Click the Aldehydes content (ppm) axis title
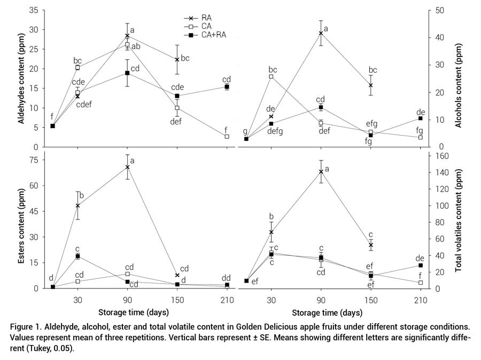pyautogui.click(x=21, y=78)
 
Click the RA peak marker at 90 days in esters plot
pyautogui.click(x=127, y=167)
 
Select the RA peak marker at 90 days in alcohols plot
pyautogui.click(x=321, y=33)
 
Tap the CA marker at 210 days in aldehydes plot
pyautogui.click(x=227, y=137)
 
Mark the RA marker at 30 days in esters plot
pyautogui.click(x=77, y=206)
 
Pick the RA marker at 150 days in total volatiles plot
pyautogui.click(x=370, y=245)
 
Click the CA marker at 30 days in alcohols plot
pyautogui.click(x=271, y=76)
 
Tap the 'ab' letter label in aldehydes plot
pyautogui.click(x=137, y=46)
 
